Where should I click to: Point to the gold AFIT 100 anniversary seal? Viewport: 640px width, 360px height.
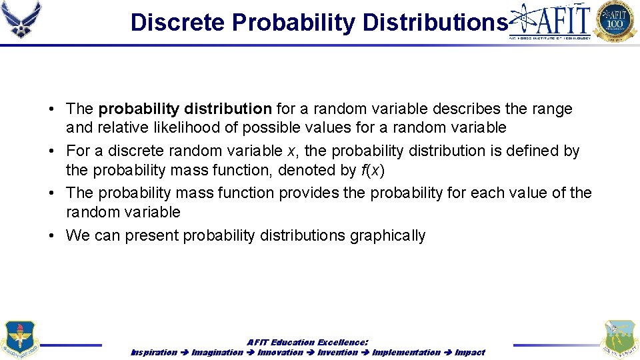(x=615, y=21)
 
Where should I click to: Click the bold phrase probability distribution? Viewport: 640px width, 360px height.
(x=185, y=109)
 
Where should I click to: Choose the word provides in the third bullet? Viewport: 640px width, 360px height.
(x=307, y=193)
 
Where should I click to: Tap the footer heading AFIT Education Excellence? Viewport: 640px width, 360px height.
(x=307, y=342)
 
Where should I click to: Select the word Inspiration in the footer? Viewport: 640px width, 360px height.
(x=154, y=352)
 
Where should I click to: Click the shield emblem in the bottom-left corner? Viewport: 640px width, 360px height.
(x=21, y=339)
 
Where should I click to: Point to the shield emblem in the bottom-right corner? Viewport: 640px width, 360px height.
(x=619, y=339)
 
